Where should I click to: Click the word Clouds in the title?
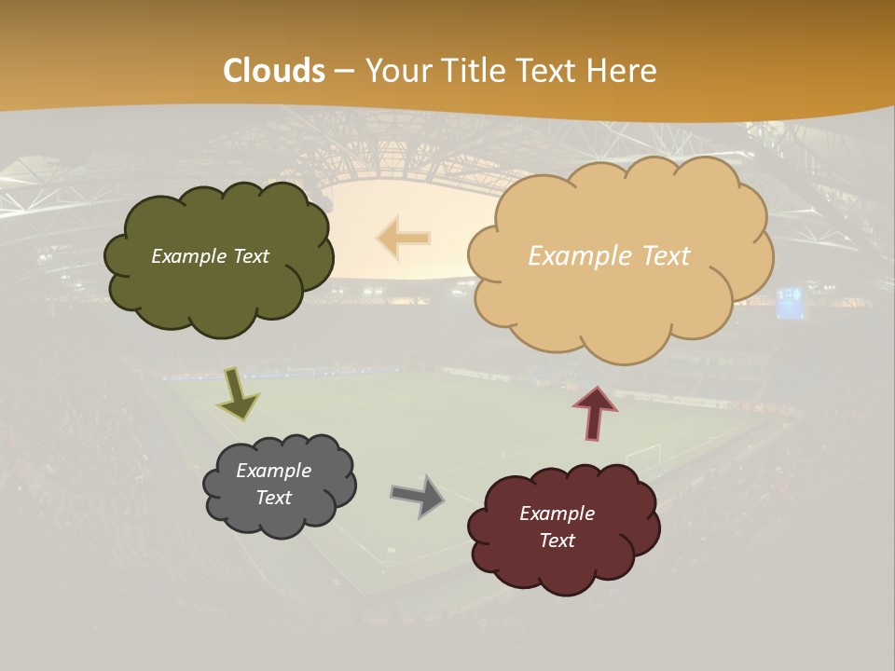click(x=274, y=71)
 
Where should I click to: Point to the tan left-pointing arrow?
click(x=404, y=238)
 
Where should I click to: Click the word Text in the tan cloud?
click(x=666, y=256)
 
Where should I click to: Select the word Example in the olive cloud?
click(x=189, y=256)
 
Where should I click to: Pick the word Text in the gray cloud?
click(x=274, y=498)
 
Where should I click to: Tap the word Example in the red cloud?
click(x=557, y=514)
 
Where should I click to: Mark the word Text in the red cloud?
click(x=557, y=541)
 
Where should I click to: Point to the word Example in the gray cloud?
click(x=273, y=471)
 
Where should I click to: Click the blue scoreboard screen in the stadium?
click(x=790, y=303)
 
